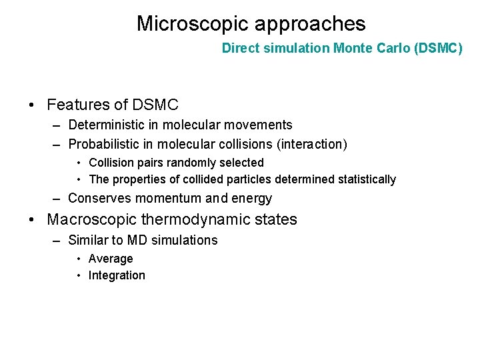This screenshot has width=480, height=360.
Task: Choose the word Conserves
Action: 100,199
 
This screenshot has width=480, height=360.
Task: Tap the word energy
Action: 252,199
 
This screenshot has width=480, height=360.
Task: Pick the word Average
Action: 111,259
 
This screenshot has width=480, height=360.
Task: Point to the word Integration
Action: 117,275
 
